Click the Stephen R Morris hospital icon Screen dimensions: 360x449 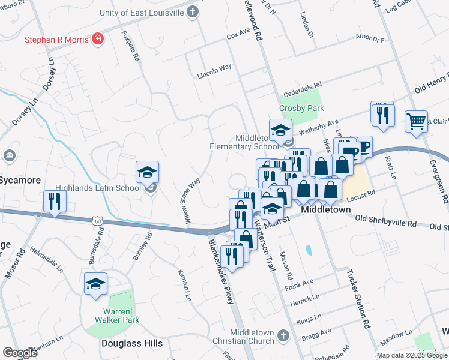[98, 40]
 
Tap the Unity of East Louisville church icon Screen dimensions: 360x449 [192, 11]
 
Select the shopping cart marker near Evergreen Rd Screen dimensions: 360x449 [416, 122]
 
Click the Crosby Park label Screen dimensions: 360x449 [301, 108]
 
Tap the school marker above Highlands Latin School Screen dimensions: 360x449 [147, 173]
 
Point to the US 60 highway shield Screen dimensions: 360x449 [97, 221]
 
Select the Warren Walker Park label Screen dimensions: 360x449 [113, 320]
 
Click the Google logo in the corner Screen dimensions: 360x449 [20, 353]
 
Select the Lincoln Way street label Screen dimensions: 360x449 [214, 76]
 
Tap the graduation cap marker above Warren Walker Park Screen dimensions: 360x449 [95, 284]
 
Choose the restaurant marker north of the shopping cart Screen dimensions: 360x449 [382, 113]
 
